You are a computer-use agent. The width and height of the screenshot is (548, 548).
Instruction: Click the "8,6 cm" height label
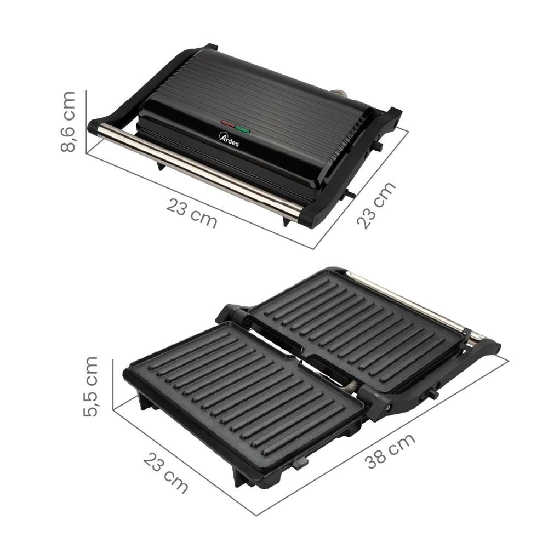[68, 122]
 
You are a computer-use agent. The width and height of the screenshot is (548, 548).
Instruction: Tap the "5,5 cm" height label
[91, 386]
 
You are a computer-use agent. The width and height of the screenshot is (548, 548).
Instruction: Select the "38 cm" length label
[390, 451]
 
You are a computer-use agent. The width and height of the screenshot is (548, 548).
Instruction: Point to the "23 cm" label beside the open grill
[165, 472]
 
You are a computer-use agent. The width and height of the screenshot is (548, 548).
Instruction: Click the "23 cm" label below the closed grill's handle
[191, 213]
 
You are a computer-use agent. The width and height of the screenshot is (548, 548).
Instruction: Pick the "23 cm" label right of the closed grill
[376, 206]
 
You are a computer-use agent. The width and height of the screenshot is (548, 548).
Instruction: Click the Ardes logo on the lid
[229, 139]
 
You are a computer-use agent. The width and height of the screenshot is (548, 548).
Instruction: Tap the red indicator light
[228, 124]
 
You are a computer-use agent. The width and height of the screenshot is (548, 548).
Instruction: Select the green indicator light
[243, 130]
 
